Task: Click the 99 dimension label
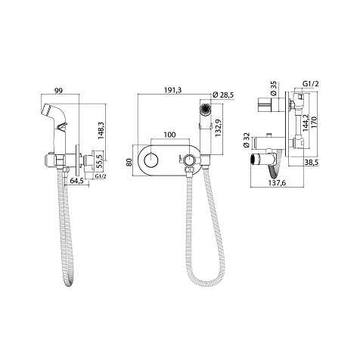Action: pyautogui.click(x=59, y=91)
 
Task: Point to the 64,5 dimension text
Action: pyautogui.click(x=76, y=182)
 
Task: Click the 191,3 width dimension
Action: pyautogui.click(x=172, y=91)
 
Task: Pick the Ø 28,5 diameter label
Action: pyautogui.click(x=223, y=95)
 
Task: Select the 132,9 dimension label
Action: pyautogui.click(x=219, y=128)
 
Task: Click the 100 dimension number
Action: pyautogui.click(x=169, y=135)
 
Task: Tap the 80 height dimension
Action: pyautogui.click(x=129, y=162)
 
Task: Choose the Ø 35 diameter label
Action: pyautogui.click(x=274, y=88)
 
